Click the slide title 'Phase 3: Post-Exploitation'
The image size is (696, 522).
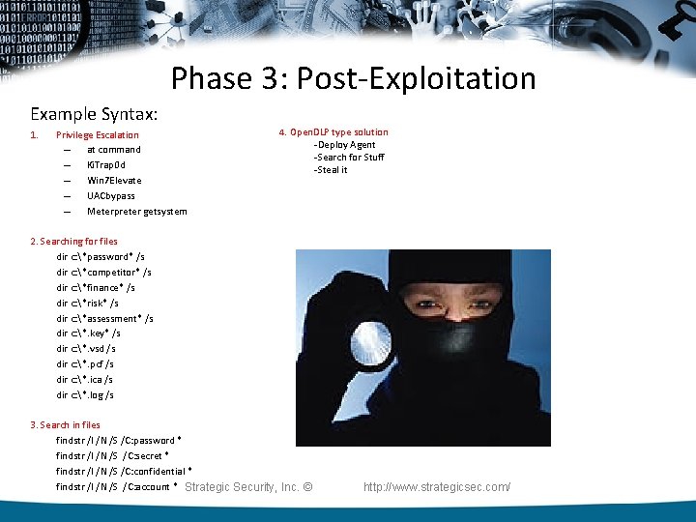point(353,78)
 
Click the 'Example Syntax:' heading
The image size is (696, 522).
point(94,113)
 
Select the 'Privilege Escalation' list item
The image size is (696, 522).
point(97,135)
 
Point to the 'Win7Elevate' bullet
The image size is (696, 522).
point(114,181)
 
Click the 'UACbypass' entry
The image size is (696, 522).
point(111,196)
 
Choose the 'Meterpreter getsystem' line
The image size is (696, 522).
point(136,212)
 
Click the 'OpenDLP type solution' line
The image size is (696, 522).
point(333,132)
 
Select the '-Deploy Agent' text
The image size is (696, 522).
point(344,145)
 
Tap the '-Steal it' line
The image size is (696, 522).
point(330,170)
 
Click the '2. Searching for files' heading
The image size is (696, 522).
point(73,242)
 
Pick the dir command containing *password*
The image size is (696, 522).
point(101,257)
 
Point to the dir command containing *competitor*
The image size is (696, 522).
point(103,273)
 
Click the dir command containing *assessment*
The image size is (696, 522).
point(104,318)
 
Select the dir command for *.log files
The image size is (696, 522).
point(85,394)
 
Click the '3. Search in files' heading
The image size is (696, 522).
point(65,425)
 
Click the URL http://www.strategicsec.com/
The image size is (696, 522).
point(437,487)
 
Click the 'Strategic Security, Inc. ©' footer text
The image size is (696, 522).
point(248,487)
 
